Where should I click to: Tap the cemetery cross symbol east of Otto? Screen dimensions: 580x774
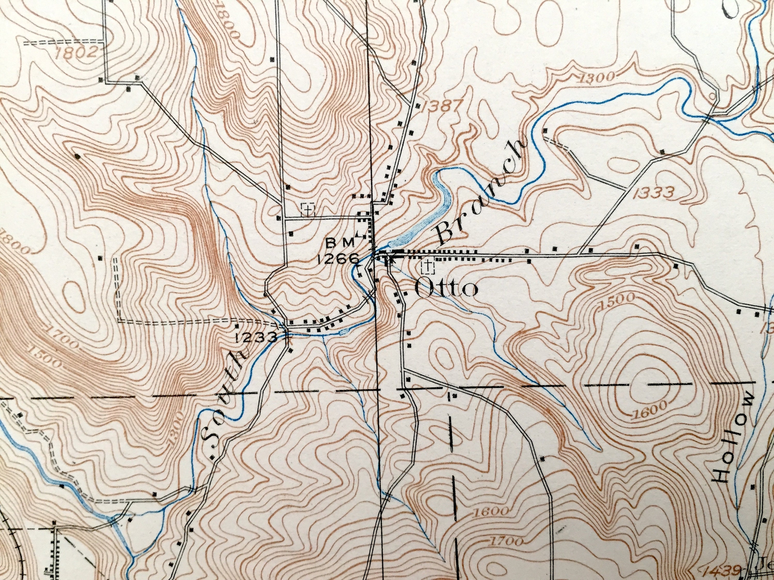click(427, 267)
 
